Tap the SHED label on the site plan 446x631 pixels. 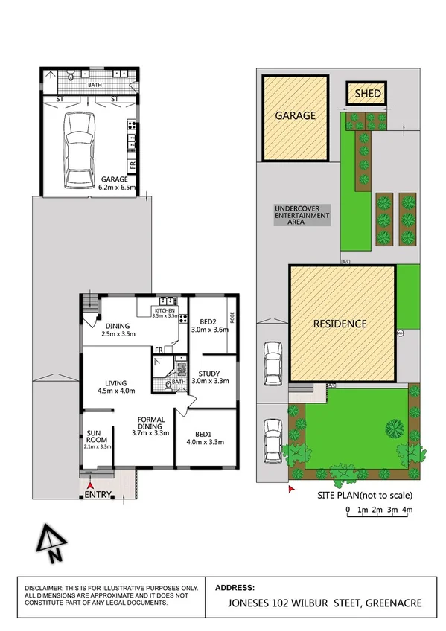[x=367, y=94]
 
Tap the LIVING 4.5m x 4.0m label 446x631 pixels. [x=115, y=385]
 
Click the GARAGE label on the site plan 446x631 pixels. [x=296, y=116]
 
